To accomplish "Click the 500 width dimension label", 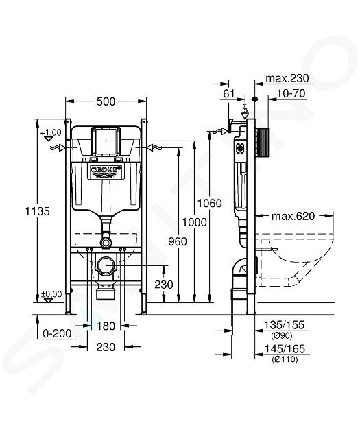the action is click(x=106, y=102).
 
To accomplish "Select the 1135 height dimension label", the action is click(x=38, y=211).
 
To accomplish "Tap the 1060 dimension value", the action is click(x=209, y=204).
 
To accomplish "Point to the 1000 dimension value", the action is click(x=194, y=222).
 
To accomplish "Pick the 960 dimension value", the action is click(x=178, y=241).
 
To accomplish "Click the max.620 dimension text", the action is click(x=293, y=216).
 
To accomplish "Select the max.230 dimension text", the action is click(x=287, y=79).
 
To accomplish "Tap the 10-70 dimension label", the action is click(x=291, y=94).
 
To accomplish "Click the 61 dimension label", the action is click(x=228, y=94).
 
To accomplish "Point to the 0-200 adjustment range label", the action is click(x=57, y=334).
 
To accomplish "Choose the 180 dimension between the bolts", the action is click(x=106, y=326).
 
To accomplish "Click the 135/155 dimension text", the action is click(x=285, y=325).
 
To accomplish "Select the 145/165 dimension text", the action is click(x=285, y=349).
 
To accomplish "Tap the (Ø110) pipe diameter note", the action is click(x=285, y=359).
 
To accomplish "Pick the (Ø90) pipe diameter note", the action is click(x=282, y=335).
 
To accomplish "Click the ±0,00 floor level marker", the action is click(x=51, y=294).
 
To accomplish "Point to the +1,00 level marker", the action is click(x=51, y=133).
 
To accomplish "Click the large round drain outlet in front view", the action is click(x=106, y=265).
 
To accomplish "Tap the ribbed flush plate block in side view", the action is click(x=263, y=142).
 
